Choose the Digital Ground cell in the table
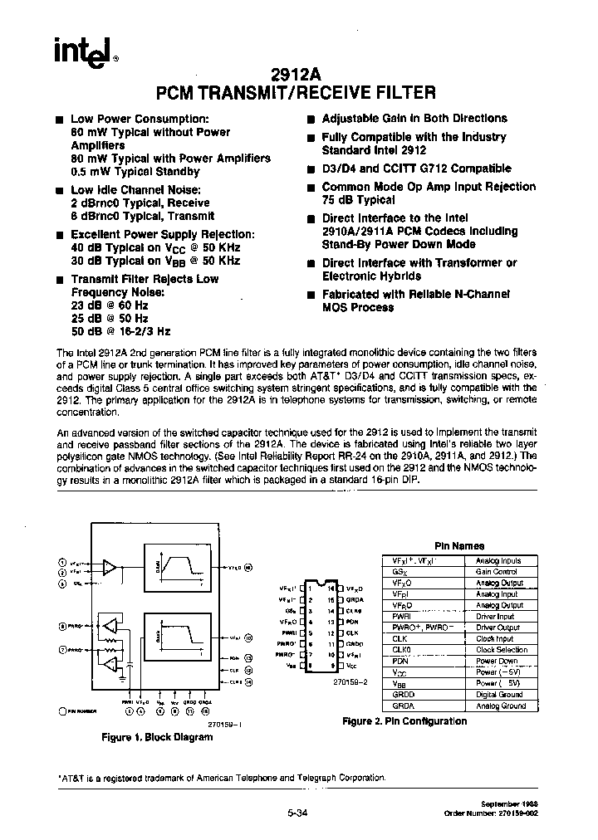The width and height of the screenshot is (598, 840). tap(499, 695)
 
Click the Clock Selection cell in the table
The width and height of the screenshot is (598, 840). tap(499, 650)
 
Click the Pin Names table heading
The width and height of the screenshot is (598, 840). tap(460, 546)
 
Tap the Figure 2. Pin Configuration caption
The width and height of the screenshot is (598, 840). tap(404, 721)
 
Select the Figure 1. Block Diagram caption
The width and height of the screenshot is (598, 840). tap(157, 737)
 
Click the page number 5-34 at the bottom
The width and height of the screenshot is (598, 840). tap(296, 813)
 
